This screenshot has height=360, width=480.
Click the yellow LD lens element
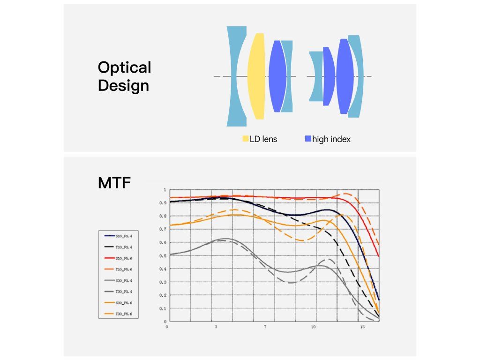click(256, 76)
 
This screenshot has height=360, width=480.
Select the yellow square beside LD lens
click(245, 139)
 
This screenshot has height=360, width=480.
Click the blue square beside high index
click(308, 139)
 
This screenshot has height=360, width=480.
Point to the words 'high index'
click(331, 139)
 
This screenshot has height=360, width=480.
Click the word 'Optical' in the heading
click(124, 67)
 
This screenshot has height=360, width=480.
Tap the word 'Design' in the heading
click(123, 86)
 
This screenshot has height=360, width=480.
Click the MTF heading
click(115, 182)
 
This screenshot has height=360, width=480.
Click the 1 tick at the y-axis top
click(164, 190)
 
